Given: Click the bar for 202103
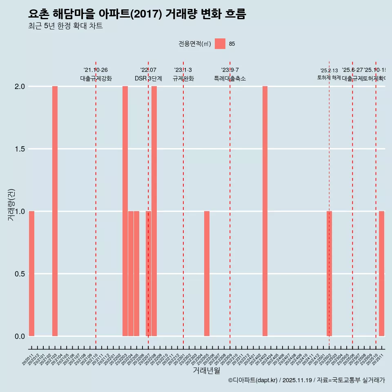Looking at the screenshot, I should (x=55, y=211).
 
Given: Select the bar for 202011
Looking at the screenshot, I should (x=31, y=274).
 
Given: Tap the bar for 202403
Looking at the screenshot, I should (x=265, y=211).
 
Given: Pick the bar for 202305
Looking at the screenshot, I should (x=207, y=274).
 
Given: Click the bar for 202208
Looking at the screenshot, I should (x=154, y=211).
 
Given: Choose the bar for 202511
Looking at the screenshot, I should (x=381, y=274).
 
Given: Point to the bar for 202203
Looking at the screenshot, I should (x=125, y=211).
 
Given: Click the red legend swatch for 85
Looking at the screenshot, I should (x=220, y=44).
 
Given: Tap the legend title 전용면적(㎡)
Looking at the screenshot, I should (x=195, y=44).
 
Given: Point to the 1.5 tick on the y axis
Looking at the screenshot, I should (x=19, y=149).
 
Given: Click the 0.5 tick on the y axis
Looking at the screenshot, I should (x=19, y=274).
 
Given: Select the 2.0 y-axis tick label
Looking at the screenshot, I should (x=19, y=87).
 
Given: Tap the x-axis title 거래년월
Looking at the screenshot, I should (x=206, y=371).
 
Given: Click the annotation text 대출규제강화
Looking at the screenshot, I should (x=96, y=78).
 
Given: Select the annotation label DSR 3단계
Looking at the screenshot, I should (x=148, y=78).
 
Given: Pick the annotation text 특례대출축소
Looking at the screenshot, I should (x=230, y=78).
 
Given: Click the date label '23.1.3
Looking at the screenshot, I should (x=183, y=70).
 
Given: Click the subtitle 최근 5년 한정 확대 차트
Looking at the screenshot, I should (x=65, y=26).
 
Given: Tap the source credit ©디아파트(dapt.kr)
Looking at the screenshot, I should (x=253, y=380).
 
